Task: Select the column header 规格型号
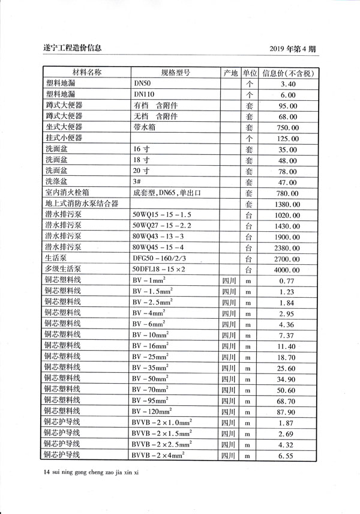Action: tap(175, 73)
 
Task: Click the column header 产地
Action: tap(231, 73)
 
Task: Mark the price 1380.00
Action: tap(288, 204)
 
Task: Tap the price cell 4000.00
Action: tap(288, 270)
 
